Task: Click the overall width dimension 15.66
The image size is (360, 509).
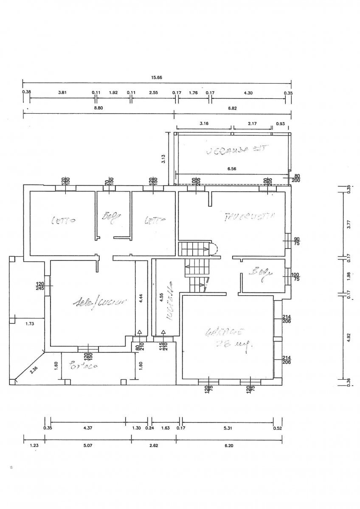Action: click(x=157, y=78)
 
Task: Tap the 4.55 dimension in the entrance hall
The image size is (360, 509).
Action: click(x=161, y=297)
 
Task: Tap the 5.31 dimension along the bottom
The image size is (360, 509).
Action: click(x=226, y=428)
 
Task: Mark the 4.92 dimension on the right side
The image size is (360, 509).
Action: click(x=349, y=337)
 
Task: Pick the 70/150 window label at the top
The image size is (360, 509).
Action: click(x=109, y=182)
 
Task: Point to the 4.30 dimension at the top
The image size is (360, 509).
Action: click(x=248, y=93)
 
